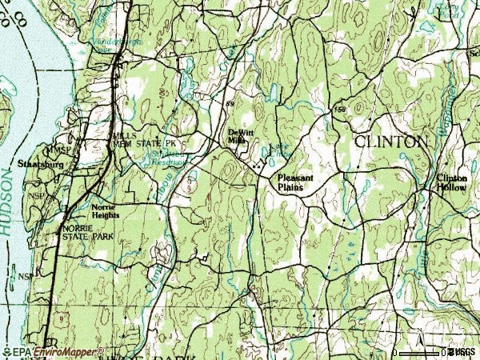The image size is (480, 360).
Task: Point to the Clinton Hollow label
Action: pyautogui.click(x=452, y=182)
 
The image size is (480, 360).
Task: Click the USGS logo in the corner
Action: pyautogui.click(x=461, y=352)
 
